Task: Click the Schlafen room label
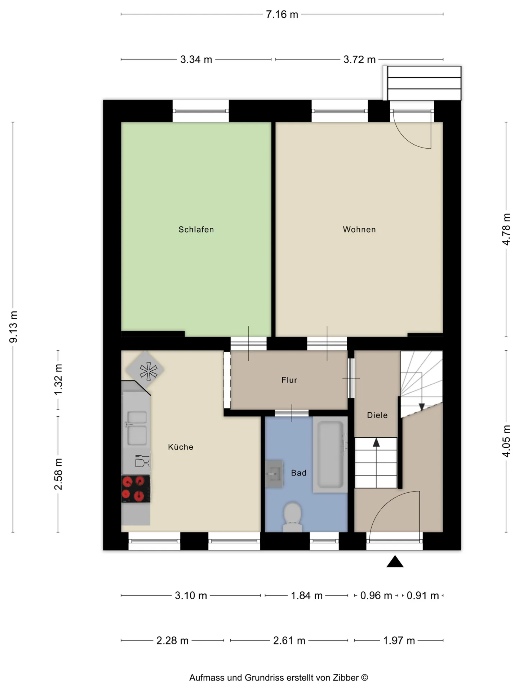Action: (196, 230)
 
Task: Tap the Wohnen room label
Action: (359, 230)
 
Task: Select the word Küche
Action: (181, 447)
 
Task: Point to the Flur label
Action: (289, 380)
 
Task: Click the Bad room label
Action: (299, 473)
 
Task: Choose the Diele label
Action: (377, 415)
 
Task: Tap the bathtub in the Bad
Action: (330, 455)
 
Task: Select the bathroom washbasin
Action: (274, 474)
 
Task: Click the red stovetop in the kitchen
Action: (136, 489)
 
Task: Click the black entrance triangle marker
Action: (395, 561)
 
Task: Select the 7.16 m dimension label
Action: (282, 14)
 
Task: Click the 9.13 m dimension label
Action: (13, 327)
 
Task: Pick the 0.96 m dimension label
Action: (376, 596)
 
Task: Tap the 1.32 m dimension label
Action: (58, 379)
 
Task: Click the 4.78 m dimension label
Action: (506, 230)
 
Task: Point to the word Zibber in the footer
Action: (346, 678)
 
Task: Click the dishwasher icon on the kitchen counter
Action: (142, 461)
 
